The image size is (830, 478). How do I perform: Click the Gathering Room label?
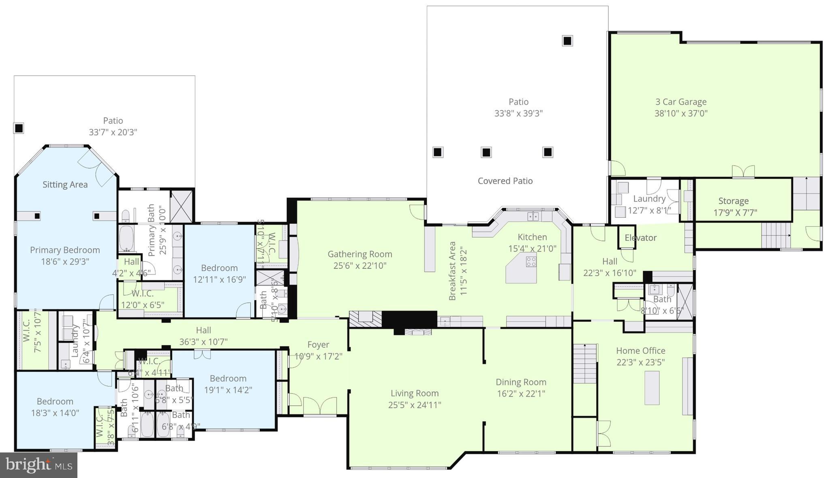coord(360,254)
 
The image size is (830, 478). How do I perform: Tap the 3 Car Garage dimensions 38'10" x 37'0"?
coord(681,114)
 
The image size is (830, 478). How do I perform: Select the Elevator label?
coord(640,238)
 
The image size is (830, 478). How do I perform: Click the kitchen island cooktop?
coord(531,262)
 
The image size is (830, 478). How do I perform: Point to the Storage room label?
coord(733,201)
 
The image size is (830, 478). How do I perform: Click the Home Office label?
coord(640,351)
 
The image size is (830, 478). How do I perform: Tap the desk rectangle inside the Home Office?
coord(652,388)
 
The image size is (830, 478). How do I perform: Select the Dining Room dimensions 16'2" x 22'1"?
coord(521,394)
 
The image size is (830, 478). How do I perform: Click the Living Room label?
coord(414,393)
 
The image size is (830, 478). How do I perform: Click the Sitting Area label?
coord(65,185)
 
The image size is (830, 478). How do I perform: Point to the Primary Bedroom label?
coord(65,250)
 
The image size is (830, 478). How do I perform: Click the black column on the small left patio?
coord(19,128)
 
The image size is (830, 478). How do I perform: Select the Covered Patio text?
coord(505,181)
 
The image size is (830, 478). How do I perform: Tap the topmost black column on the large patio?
coord(567,41)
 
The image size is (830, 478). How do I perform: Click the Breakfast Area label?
coord(453,271)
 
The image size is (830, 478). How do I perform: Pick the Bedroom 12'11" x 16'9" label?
coord(219,268)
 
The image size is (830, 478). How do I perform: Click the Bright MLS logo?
coord(39,465)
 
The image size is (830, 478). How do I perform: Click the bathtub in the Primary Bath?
coord(126,238)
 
